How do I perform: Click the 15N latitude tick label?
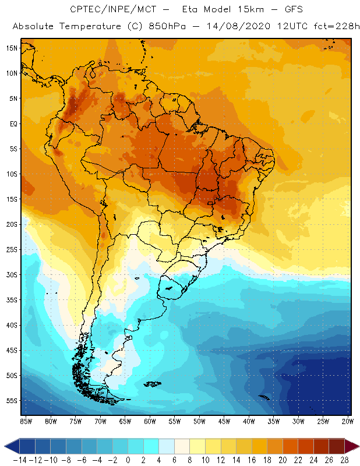[x=12, y=48]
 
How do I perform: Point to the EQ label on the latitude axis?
[x=12, y=123]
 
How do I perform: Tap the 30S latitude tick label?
[x=12, y=274]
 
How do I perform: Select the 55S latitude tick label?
[x=12, y=401]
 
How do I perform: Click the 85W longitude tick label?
[x=26, y=421]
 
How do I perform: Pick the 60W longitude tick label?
[x=150, y=421]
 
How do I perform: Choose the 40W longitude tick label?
[x=249, y=421]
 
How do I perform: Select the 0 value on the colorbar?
[x=128, y=460]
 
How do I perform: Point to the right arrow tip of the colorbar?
[x=356, y=446]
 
